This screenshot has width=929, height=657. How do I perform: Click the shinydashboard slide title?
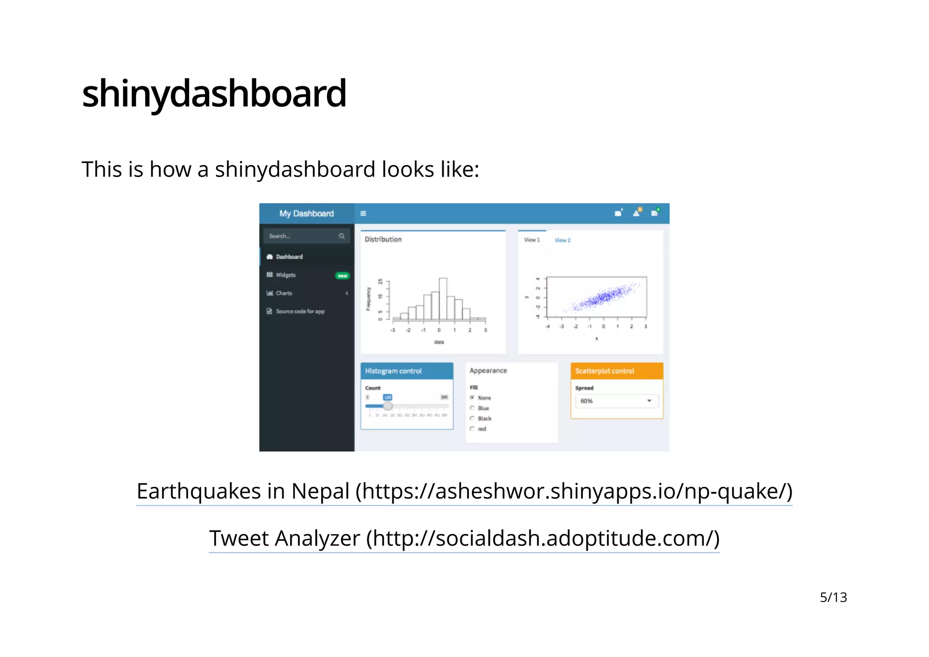pyautogui.click(x=214, y=93)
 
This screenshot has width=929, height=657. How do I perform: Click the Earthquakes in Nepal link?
pyautogui.click(x=464, y=491)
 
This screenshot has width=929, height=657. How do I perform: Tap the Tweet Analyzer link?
pyautogui.click(x=464, y=539)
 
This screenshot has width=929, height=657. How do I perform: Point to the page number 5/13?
pyautogui.click(x=833, y=597)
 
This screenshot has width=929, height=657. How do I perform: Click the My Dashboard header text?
pyautogui.click(x=306, y=214)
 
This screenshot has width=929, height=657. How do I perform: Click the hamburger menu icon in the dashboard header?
pyautogui.click(x=363, y=214)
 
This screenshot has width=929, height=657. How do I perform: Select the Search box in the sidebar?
pyautogui.click(x=302, y=236)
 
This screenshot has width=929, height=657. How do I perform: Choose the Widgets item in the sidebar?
pyautogui.click(x=285, y=275)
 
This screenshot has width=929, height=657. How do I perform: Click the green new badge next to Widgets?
pyautogui.click(x=342, y=275)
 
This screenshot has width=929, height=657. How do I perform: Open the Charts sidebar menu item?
pyautogui.click(x=284, y=293)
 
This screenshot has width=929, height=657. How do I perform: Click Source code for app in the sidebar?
pyautogui.click(x=300, y=311)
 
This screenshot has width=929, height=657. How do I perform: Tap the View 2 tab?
pyautogui.click(x=562, y=240)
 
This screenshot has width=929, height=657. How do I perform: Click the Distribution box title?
pyautogui.click(x=383, y=240)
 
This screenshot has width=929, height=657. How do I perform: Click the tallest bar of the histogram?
pyautogui.click(x=443, y=299)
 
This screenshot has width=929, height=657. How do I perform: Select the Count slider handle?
pyautogui.click(x=387, y=406)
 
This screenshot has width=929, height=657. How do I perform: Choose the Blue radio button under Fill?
pyautogui.click(x=472, y=408)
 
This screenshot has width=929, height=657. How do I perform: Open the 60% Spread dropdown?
pyautogui.click(x=616, y=401)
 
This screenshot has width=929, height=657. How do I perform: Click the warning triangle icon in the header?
pyautogui.click(x=636, y=213)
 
